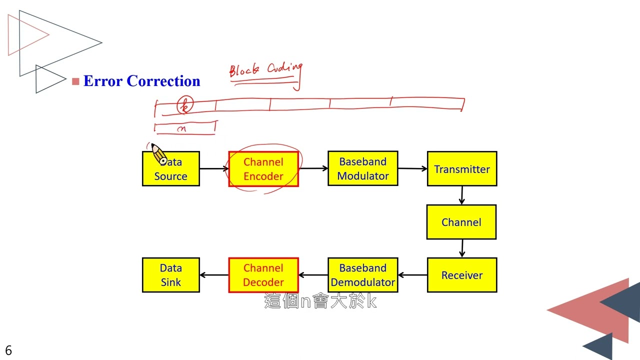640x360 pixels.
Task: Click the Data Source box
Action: click(x=171, y=169)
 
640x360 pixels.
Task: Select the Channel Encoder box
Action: click(x=263, y=169)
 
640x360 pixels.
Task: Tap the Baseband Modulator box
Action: click(x=363, y=168)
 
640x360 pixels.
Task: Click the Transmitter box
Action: click(x=462, y=169)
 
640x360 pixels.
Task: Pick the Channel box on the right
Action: click(x=461, y=222)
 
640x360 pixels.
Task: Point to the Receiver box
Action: click(x=462, y=275)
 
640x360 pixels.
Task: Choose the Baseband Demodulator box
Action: click(x=363, y=275)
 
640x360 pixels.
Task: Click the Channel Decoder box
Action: click(x=263, y=275)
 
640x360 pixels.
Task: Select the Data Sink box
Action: click(x=171, y=275)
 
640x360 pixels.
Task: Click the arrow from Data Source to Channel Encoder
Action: click(x=214, y=169)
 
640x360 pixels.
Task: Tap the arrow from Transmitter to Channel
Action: click(x=461, y=195)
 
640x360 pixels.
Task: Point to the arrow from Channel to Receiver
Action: click(x=461, y=248)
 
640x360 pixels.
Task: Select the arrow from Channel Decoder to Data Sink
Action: click(x=214, y=275)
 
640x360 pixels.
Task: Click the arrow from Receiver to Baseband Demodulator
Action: click(x=412, y=275)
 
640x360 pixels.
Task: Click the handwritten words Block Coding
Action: click(x=266, y=70)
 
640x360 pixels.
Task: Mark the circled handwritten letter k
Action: click(x=185, y=105)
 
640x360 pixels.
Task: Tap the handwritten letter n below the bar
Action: click(x=182, y=128)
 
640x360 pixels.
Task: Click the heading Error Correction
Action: click(x=141, y=81)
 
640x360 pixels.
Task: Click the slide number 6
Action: click(x=8, y=350)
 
